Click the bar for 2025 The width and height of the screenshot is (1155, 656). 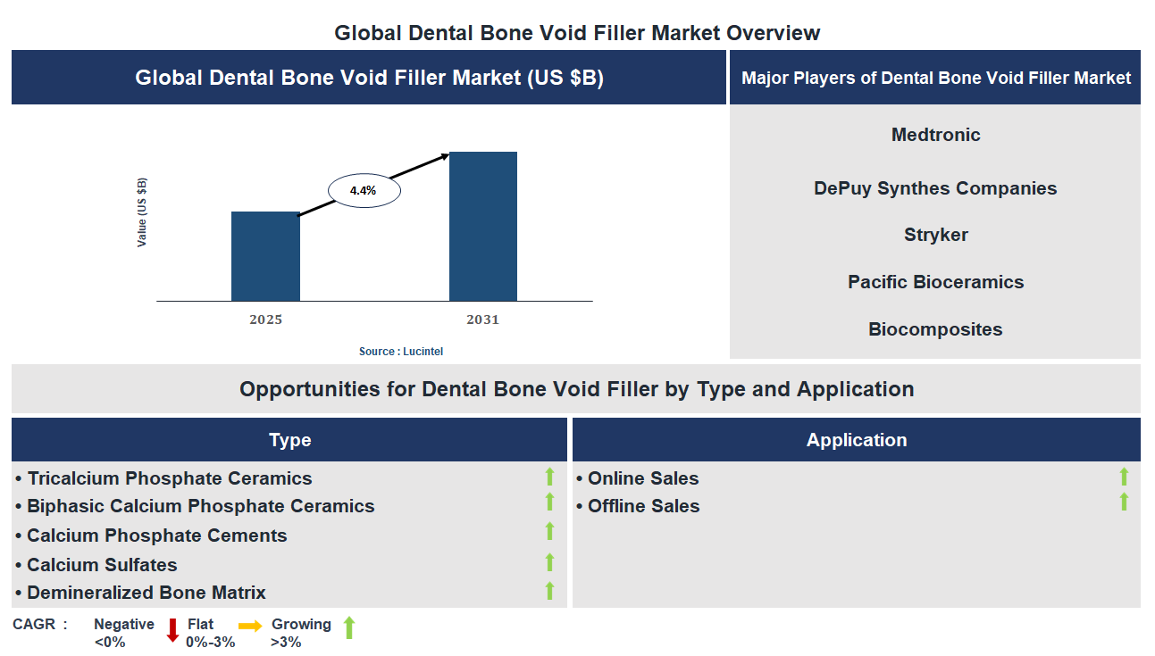[x=265, y=256]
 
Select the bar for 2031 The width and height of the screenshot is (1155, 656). [x=483, y=227]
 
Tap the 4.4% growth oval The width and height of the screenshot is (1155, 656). [x=364, y=190]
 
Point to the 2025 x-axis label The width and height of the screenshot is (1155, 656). [x=265, y=320]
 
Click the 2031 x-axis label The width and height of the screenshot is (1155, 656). [x=483, y=320]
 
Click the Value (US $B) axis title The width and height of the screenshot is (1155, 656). [x=142, y=212]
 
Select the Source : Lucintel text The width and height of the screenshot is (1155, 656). [x=401, y=352]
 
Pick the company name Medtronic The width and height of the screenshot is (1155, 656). [x=935, y=135]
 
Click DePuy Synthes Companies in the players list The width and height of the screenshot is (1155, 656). [x=935, y=188]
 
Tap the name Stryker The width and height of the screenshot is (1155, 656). [x=935, y=235]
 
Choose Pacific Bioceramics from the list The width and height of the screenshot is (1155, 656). [x=935, y=282]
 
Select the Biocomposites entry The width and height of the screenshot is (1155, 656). [x=935, y=329]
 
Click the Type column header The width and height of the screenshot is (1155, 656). [x=289, y=440]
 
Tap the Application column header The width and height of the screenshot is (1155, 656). [x=856, y=440]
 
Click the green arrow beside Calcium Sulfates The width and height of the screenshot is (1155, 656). [x=549, y=561]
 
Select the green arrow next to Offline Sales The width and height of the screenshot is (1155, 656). [x=1124, y=502]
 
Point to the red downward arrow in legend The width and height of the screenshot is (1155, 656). [x=172, y=630]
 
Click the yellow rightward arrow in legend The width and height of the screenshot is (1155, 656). [x=251, y=627]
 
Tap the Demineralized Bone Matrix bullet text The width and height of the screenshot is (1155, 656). [x=146, y=593]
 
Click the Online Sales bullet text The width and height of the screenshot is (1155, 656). [x=643, y=478]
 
